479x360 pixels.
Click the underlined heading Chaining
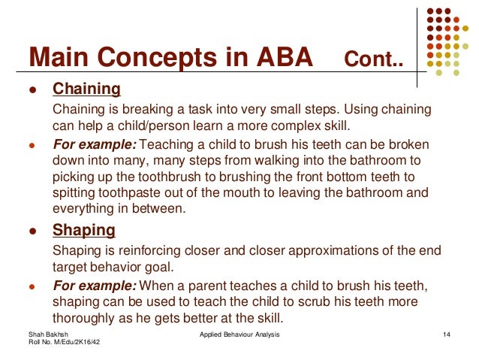click(x=86, y=89)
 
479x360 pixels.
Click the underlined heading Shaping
click(x=83, y=230)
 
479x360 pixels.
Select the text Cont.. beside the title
click(x=374, y=59)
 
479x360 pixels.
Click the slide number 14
click(x=446, y=333)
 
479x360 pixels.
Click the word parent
click(x=198, y=286)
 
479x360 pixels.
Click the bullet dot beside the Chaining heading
click(x=32, y=90)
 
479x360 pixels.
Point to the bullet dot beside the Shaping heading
click(x=32, y=231)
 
